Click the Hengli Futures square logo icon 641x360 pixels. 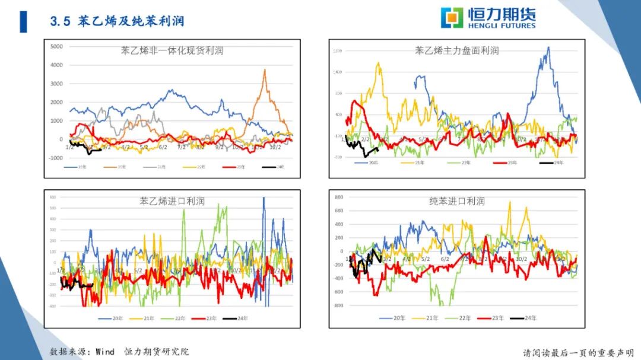[452, 18]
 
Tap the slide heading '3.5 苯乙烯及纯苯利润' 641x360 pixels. [117, 21]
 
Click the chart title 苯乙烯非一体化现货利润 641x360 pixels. [172, 51]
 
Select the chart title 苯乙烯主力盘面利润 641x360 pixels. [456, 51]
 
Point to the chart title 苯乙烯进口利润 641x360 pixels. [172, 201]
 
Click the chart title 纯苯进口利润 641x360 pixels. [456, 201]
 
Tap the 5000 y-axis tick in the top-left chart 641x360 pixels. [57, 46]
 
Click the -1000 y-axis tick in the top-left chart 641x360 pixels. [56, 158]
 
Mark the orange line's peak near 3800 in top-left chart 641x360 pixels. [264, 70]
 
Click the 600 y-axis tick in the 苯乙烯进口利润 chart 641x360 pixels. [52, 197]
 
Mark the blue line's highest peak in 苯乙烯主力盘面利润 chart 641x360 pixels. [547, 47]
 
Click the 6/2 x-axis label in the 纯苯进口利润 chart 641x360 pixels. [445, 259]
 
